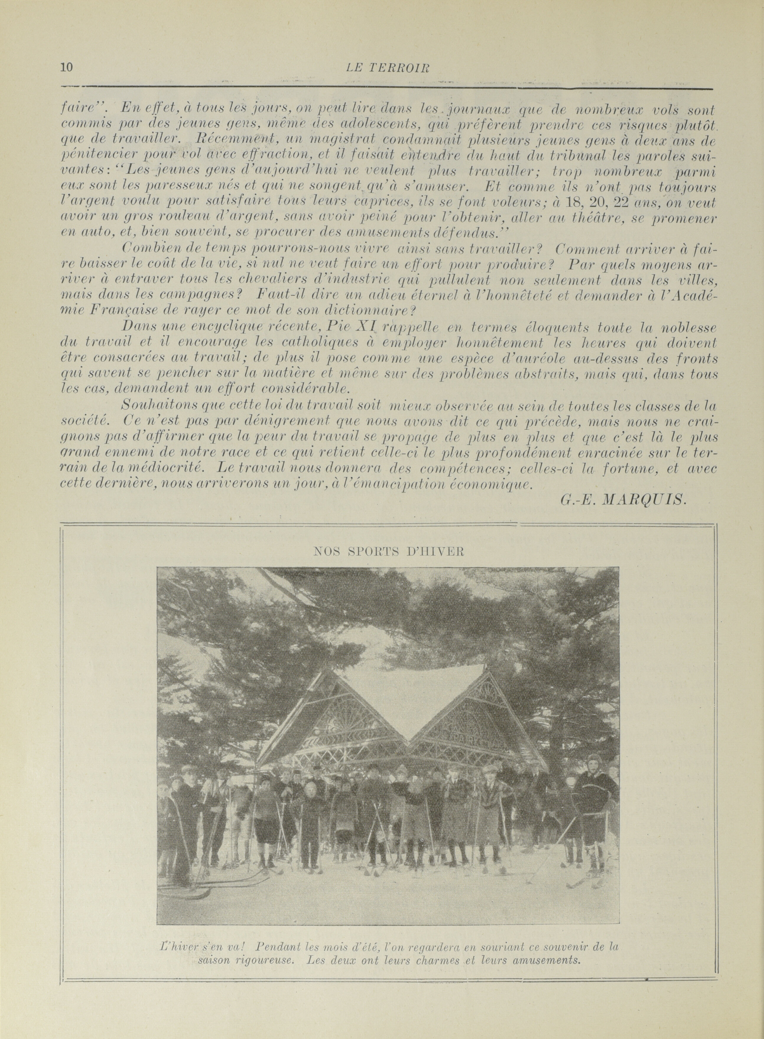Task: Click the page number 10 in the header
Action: tap(67, 67)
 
